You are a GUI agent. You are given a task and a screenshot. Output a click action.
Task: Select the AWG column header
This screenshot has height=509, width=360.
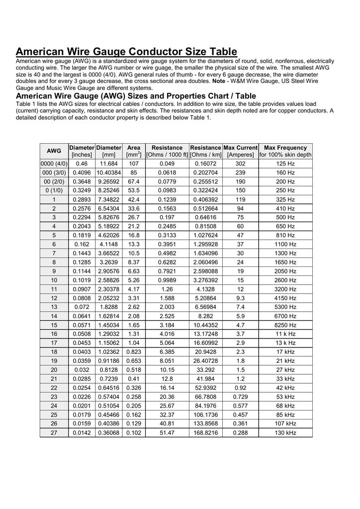[54, 151]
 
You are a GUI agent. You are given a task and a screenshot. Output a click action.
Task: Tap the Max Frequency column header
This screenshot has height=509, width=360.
[285, 151]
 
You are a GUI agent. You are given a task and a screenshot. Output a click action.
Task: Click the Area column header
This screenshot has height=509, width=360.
[134, 151]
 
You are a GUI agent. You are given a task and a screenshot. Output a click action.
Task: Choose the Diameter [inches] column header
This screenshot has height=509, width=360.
[82, 151]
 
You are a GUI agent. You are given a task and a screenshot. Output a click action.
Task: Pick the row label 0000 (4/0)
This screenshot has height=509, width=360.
[54, 164]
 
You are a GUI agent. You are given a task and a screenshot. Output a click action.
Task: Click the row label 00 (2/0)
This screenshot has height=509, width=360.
[54, 182]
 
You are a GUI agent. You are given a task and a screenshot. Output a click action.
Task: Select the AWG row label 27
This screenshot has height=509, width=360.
[54, 433]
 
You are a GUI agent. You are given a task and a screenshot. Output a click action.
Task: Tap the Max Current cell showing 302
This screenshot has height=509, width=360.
[240, 164]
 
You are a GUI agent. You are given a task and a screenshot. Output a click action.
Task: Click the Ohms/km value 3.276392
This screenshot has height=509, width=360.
[206, 280]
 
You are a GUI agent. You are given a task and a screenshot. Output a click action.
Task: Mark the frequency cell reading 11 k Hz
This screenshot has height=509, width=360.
[285, 334]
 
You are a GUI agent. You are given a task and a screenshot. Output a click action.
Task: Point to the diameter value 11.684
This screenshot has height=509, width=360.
[108, 164]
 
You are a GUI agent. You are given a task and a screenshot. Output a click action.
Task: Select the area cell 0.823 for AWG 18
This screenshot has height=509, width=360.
[134, 352]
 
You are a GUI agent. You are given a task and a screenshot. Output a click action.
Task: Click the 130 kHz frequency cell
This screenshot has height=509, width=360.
[285, 433]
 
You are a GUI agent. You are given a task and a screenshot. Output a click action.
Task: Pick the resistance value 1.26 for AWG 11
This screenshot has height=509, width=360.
[167, 289]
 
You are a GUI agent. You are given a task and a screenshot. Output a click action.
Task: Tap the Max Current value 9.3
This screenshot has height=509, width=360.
[240, 298]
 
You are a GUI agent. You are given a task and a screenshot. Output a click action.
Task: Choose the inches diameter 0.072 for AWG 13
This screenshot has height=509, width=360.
[82, 307]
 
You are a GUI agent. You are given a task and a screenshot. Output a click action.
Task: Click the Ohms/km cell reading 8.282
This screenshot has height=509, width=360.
[206, 316]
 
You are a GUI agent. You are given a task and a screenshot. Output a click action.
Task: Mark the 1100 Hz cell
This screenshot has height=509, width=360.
[285, 245]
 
